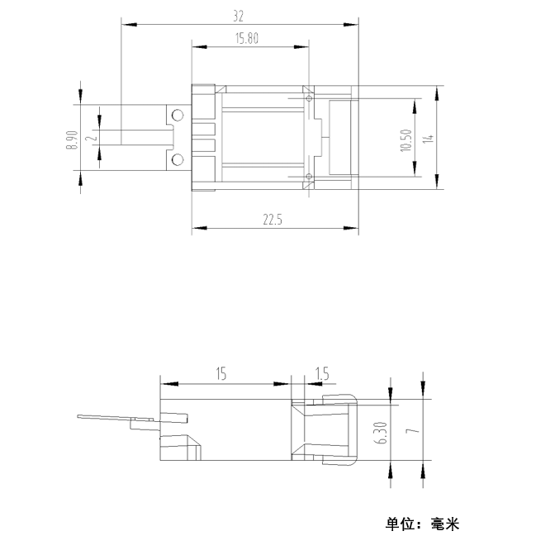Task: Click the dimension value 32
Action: coord(238,17)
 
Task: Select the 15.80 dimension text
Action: coord(247,38)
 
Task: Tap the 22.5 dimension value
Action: coord(273,220)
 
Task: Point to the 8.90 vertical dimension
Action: coord(72,140)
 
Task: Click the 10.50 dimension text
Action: coord(405,140)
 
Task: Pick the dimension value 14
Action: coord(428,138)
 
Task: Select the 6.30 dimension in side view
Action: coord(382,433)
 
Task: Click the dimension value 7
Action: coord(413,430)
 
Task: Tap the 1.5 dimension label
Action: coord(322,374)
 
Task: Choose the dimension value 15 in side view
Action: coord(221,374)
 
